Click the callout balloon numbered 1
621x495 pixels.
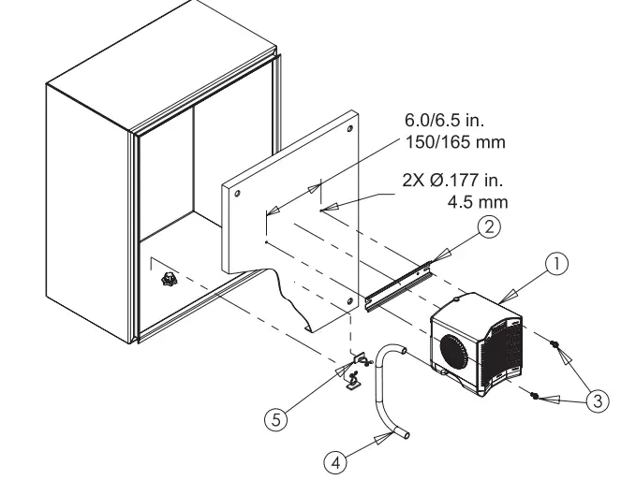point(558,265)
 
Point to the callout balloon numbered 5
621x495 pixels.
point(274,420)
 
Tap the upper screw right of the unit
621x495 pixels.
point(555,345)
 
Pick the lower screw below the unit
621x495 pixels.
point(534,396)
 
